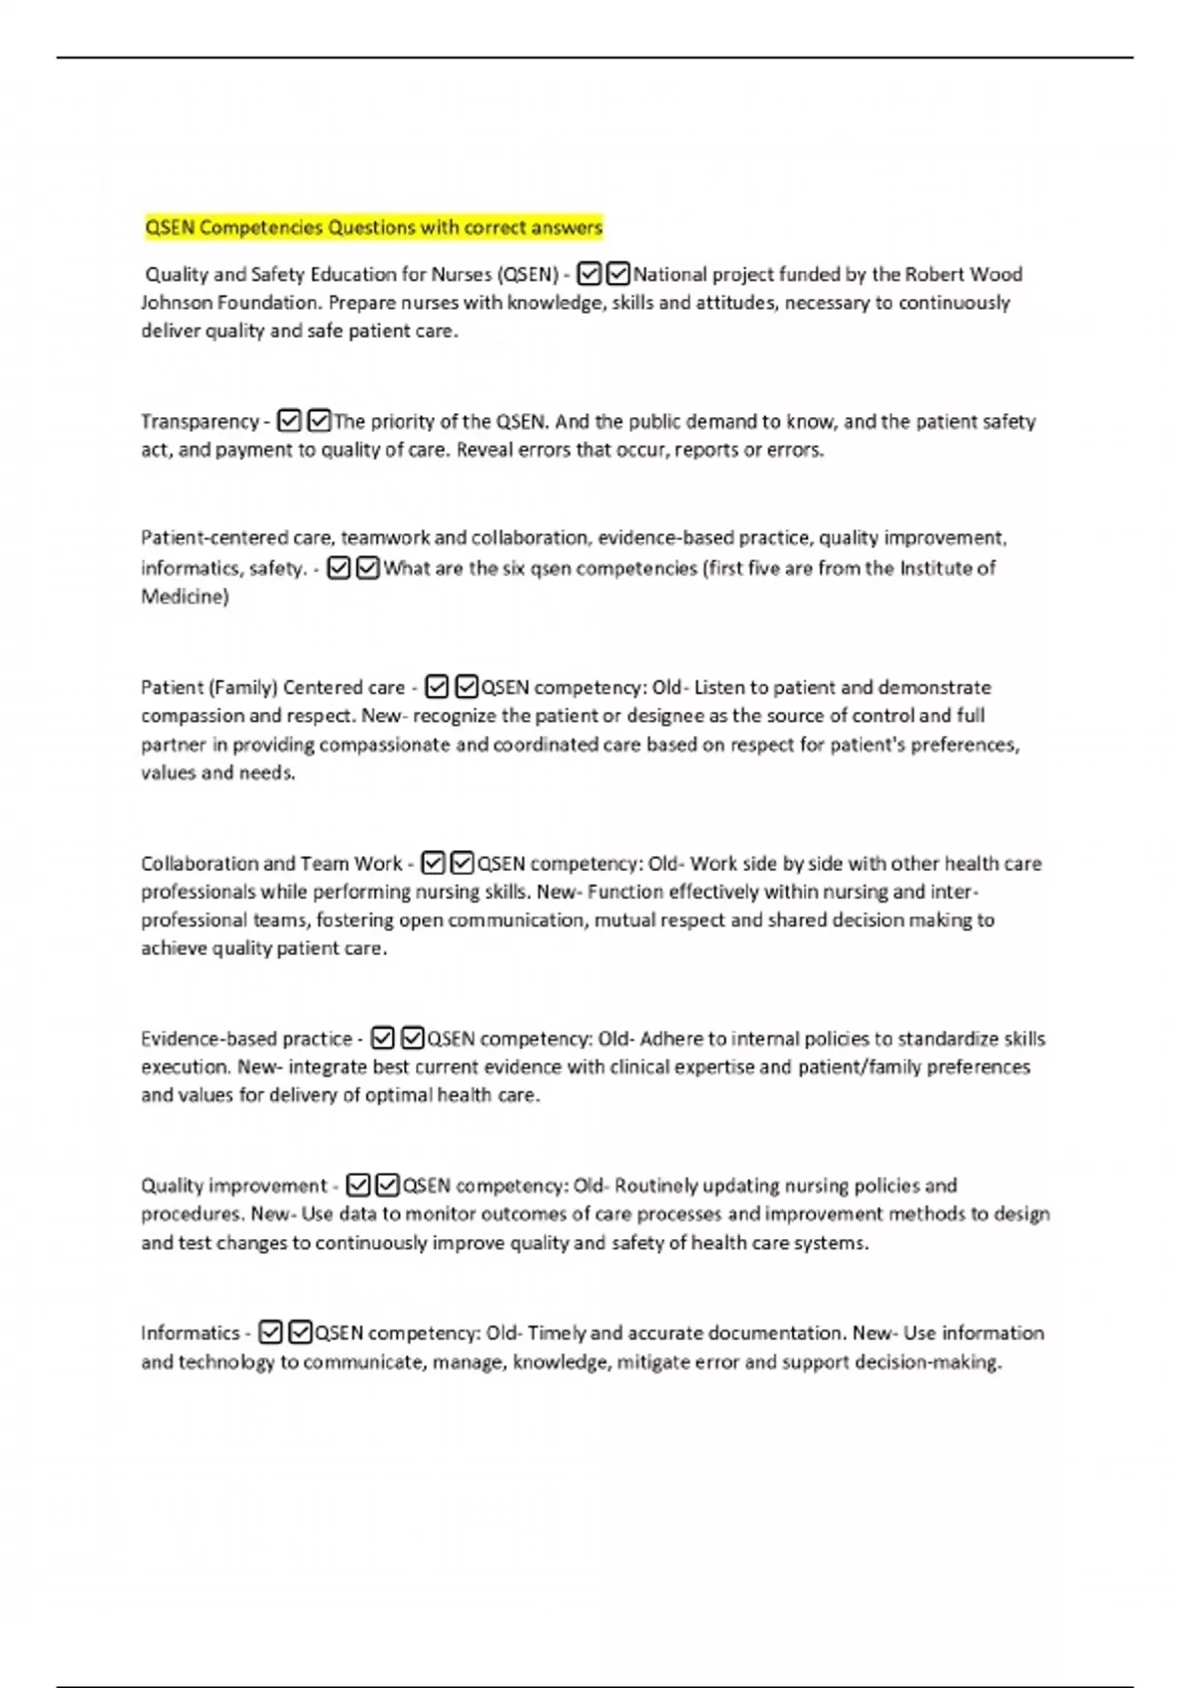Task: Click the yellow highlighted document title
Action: pyautogui.click(x=373, y=227)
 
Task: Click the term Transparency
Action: pyautogui.click(x=199, y=422)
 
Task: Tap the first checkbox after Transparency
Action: pyautogui.click(x=289, y=421)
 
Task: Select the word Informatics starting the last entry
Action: pyautogui.click(x=190, y=1334)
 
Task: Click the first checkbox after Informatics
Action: pyautogui.click(x=270, y=1333)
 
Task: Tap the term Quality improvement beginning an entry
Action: pyautogui.click(x=233, y=1187)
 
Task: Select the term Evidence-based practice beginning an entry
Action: pyautogui.click(x=246, y=1040)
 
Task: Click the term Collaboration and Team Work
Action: pyautogui.click(x=271, y=864)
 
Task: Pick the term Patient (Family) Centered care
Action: pyautogui.click(x=273, y=688)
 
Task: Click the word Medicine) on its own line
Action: pyautogui.click(x=185, y=597)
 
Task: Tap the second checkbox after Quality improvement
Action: pyautogui.click(x=387, y=1186)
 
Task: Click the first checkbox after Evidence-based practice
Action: pyautogui.click(x=382, y=1039)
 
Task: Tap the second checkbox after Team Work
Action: pyautogui.click(x=462, y=863)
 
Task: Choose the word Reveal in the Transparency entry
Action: pyautogui.click(x=484, y=451)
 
